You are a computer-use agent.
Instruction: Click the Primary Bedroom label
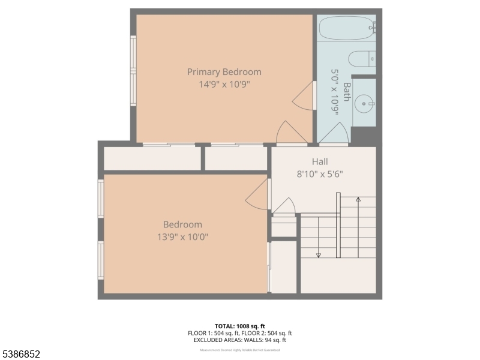[224, 72]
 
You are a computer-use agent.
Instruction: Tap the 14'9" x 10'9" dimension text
[224, 85]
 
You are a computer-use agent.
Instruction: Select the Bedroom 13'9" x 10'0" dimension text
[182, 237]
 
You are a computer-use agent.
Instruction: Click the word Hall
[320, 161]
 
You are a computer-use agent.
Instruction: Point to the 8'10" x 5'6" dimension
[320, 174]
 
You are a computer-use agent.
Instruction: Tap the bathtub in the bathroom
[346, 28]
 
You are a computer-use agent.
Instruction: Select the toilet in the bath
[362, 59]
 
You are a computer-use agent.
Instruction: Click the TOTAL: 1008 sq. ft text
[239, 326]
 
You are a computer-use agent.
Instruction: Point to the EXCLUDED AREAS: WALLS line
[239, 340]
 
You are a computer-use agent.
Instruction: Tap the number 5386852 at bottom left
[20, 355]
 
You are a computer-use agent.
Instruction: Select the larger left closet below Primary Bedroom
[152, 158]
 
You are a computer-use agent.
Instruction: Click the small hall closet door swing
[284, 206]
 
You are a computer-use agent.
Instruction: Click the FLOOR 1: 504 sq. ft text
[212, 334]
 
